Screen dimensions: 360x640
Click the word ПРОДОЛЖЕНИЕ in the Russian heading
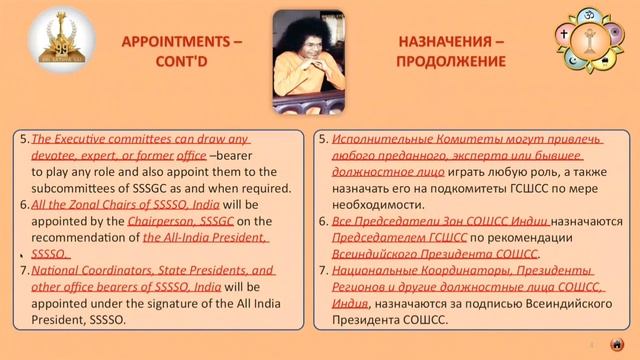pos(447,62)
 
